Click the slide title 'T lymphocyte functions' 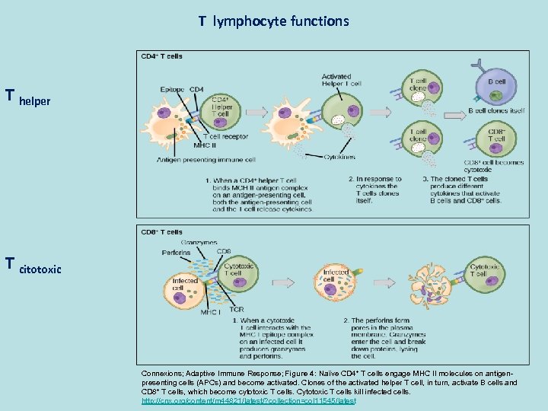click(274, 21)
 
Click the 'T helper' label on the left click(28, 97)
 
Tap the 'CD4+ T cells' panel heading click(161, 56)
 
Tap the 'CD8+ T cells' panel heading click(161, 232)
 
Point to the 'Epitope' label click(173, 90)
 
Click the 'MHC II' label click(204, 145)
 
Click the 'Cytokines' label click(339, 157)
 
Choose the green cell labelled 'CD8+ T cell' click(494, 138)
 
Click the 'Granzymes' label click(199, 243)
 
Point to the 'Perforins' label click(177, 253)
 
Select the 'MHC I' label click(210, 311)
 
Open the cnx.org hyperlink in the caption click(248, 400)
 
